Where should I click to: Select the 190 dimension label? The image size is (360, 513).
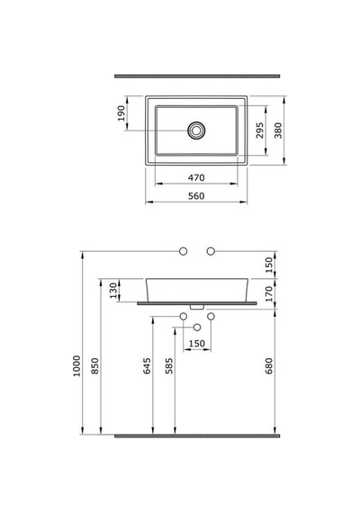(x=121, y=113)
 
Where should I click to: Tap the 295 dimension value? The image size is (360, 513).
(x=259, y=130)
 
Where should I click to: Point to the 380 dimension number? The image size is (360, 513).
(x=278, y=130)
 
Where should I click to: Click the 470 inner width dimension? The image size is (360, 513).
(x=196, y=177)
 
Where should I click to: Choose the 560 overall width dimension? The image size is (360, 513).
(x=196, y=196)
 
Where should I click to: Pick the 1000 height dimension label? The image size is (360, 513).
(x=76, y=365)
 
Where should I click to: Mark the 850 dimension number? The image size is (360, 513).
(x=94, y=365)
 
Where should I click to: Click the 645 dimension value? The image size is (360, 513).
(x=148, y=365)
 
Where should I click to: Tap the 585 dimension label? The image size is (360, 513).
(x=169, y=365)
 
